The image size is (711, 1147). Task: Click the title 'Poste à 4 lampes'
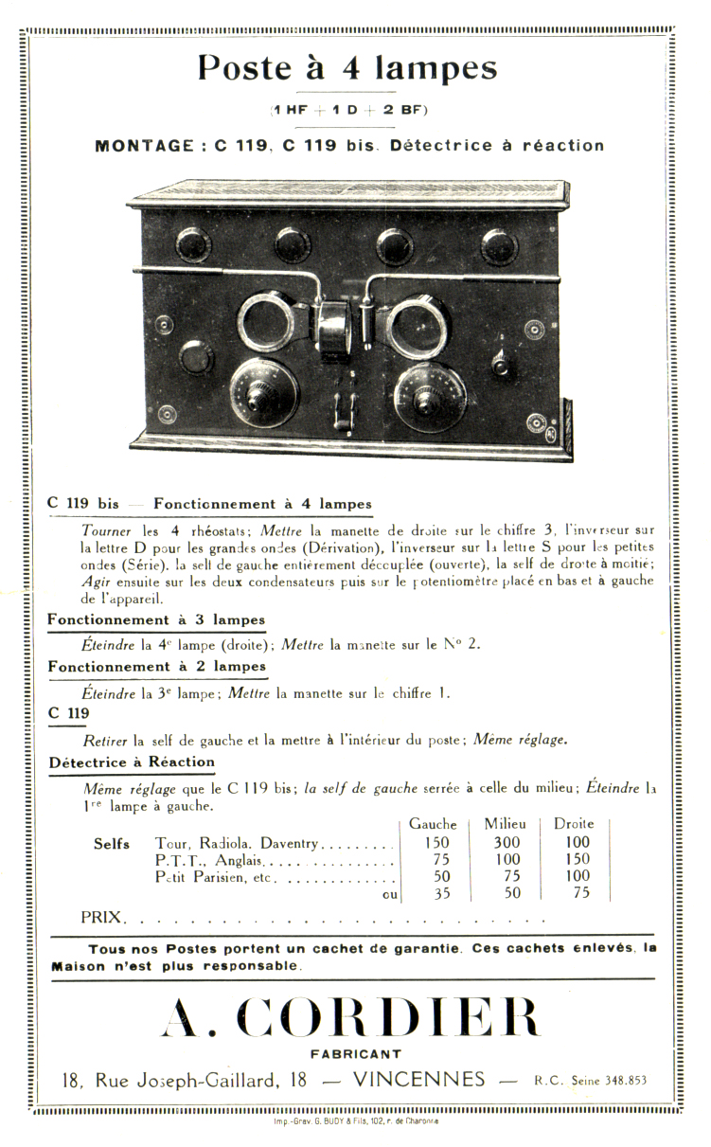[347, 69]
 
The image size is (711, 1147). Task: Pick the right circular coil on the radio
[418, 327]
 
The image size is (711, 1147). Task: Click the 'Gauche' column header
[433, 824]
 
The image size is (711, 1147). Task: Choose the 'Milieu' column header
[505, 824]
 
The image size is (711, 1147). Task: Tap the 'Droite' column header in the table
[574, 824]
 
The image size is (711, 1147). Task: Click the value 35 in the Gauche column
[442, 893]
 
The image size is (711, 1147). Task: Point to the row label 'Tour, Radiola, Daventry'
[239, 843]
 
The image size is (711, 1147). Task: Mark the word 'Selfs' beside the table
[112, 844]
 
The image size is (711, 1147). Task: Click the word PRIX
[101, 917]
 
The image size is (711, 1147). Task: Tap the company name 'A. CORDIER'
[351, 1018]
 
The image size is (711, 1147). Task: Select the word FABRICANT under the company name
[355, 1053]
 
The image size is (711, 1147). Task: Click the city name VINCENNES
[417, 1081]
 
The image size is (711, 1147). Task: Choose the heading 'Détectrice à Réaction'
[132, 762]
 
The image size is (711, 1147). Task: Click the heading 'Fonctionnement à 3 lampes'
[157, 620]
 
